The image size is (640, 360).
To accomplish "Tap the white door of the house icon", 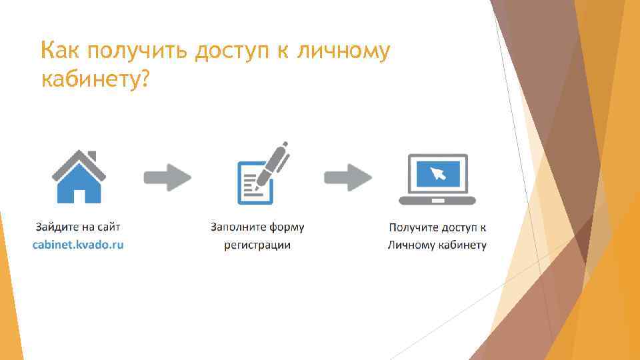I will (79, 195).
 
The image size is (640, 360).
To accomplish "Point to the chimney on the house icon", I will (92, 157).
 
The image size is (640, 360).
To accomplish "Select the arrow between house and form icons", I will (167, 177).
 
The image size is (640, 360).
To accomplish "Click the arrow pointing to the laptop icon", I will (348, 177).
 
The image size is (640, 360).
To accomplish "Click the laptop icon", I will (437, 179).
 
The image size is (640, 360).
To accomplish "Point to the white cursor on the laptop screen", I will (438, 174).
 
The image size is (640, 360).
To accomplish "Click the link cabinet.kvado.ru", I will (79, 245).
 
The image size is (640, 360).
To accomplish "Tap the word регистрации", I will (257, 245).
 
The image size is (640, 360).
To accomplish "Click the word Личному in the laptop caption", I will (411, 245).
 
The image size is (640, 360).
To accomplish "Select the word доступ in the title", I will (238, 51).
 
